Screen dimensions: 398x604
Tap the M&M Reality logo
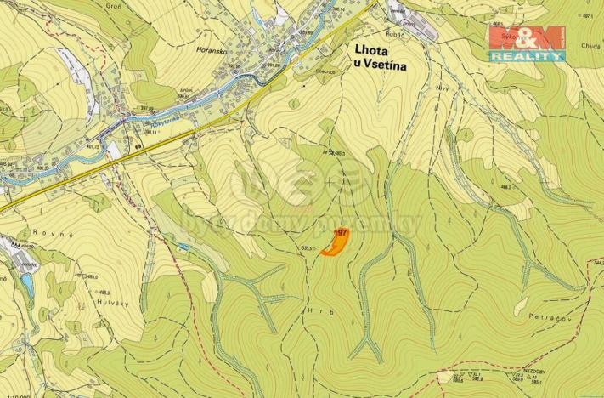click(526, 42)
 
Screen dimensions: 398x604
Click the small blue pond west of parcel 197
click(183, 247)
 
